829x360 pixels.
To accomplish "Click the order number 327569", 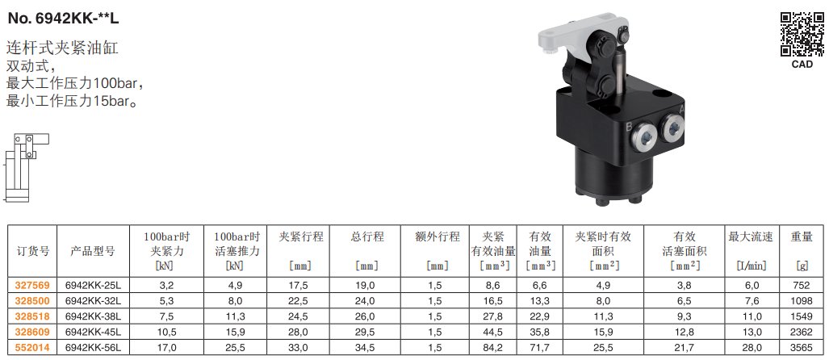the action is (x=32, y=286).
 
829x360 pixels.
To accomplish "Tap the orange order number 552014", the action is (x=32, y=349).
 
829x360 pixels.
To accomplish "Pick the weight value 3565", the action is (x=802, y=349).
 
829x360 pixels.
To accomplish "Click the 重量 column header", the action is (x=802, y=237).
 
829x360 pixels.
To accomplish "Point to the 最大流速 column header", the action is (x=751, y=237).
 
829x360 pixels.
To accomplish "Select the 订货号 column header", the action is (x=32, y=252).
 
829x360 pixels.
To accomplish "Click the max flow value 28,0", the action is (x=752, y=349).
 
